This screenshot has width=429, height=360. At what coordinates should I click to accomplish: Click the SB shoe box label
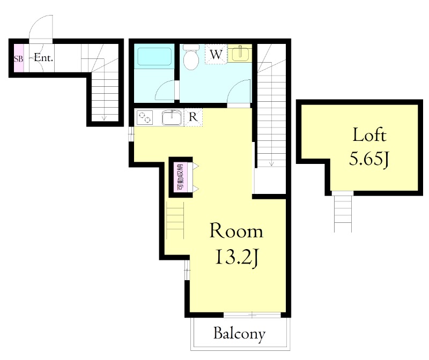point(19,58)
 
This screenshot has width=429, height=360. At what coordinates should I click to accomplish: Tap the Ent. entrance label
point(43,58)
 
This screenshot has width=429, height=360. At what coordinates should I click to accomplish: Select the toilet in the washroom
point(191,56)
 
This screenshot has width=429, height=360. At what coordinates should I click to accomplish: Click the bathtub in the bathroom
point(154,57)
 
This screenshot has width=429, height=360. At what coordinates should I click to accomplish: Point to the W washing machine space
point(216,54)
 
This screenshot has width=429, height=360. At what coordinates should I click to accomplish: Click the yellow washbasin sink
point(240,53)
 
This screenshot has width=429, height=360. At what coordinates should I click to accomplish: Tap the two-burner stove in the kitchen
point(144,117)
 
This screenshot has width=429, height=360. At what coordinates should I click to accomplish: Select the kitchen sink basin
point(172,117)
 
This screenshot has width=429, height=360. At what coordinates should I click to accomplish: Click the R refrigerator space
point(193,117)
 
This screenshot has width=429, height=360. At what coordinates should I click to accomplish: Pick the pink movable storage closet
point(180,177)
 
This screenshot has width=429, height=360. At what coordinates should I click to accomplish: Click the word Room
point(236,231)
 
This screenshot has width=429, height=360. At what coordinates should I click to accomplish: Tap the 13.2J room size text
point(237,257)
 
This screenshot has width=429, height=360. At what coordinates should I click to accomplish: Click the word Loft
point(369,134)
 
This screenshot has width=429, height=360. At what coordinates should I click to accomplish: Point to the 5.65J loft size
point(369,159)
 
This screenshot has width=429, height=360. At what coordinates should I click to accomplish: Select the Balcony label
point(239,333)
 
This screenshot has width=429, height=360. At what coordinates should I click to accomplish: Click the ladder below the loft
point(343,212)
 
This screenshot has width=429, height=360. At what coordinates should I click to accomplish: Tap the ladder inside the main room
point(175,220)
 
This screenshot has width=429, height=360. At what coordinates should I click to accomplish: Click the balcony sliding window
point(252,315)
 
